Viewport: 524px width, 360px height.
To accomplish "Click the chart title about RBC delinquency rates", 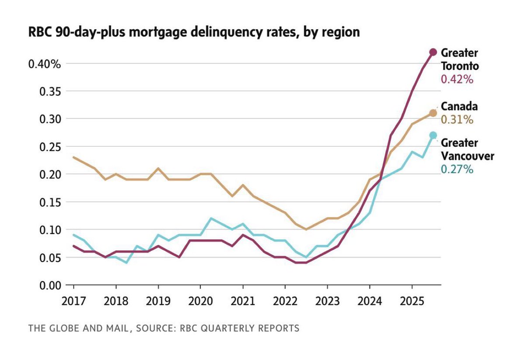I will coord(194,32).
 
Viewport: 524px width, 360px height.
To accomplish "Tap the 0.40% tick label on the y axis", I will coord(44,64).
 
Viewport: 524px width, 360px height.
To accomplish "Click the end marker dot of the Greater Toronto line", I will coord(433,52).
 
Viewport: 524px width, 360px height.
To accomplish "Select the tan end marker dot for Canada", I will coord(433,113).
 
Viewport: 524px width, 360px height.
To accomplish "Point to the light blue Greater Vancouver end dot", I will coord(433,135).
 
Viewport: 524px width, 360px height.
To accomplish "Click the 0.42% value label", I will coord(457,80).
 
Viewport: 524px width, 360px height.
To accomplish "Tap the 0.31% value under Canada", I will coord(457,120).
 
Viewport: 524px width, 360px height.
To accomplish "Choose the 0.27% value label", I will coord(457,170).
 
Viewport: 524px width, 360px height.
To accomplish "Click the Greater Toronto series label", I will coord(460,59).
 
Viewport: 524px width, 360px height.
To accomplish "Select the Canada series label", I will coord(459,106).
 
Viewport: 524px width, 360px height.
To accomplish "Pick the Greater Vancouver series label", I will coord(467,149).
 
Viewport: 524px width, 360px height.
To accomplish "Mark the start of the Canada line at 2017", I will coord(74,157).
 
